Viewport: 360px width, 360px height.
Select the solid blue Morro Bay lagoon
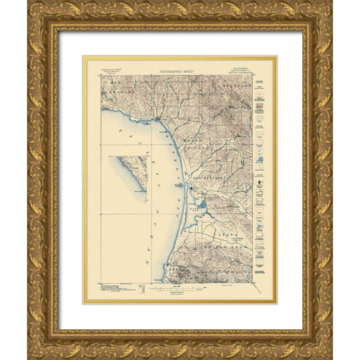tap(201, 202)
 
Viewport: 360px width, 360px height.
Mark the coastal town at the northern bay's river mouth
tap(158, 120)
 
